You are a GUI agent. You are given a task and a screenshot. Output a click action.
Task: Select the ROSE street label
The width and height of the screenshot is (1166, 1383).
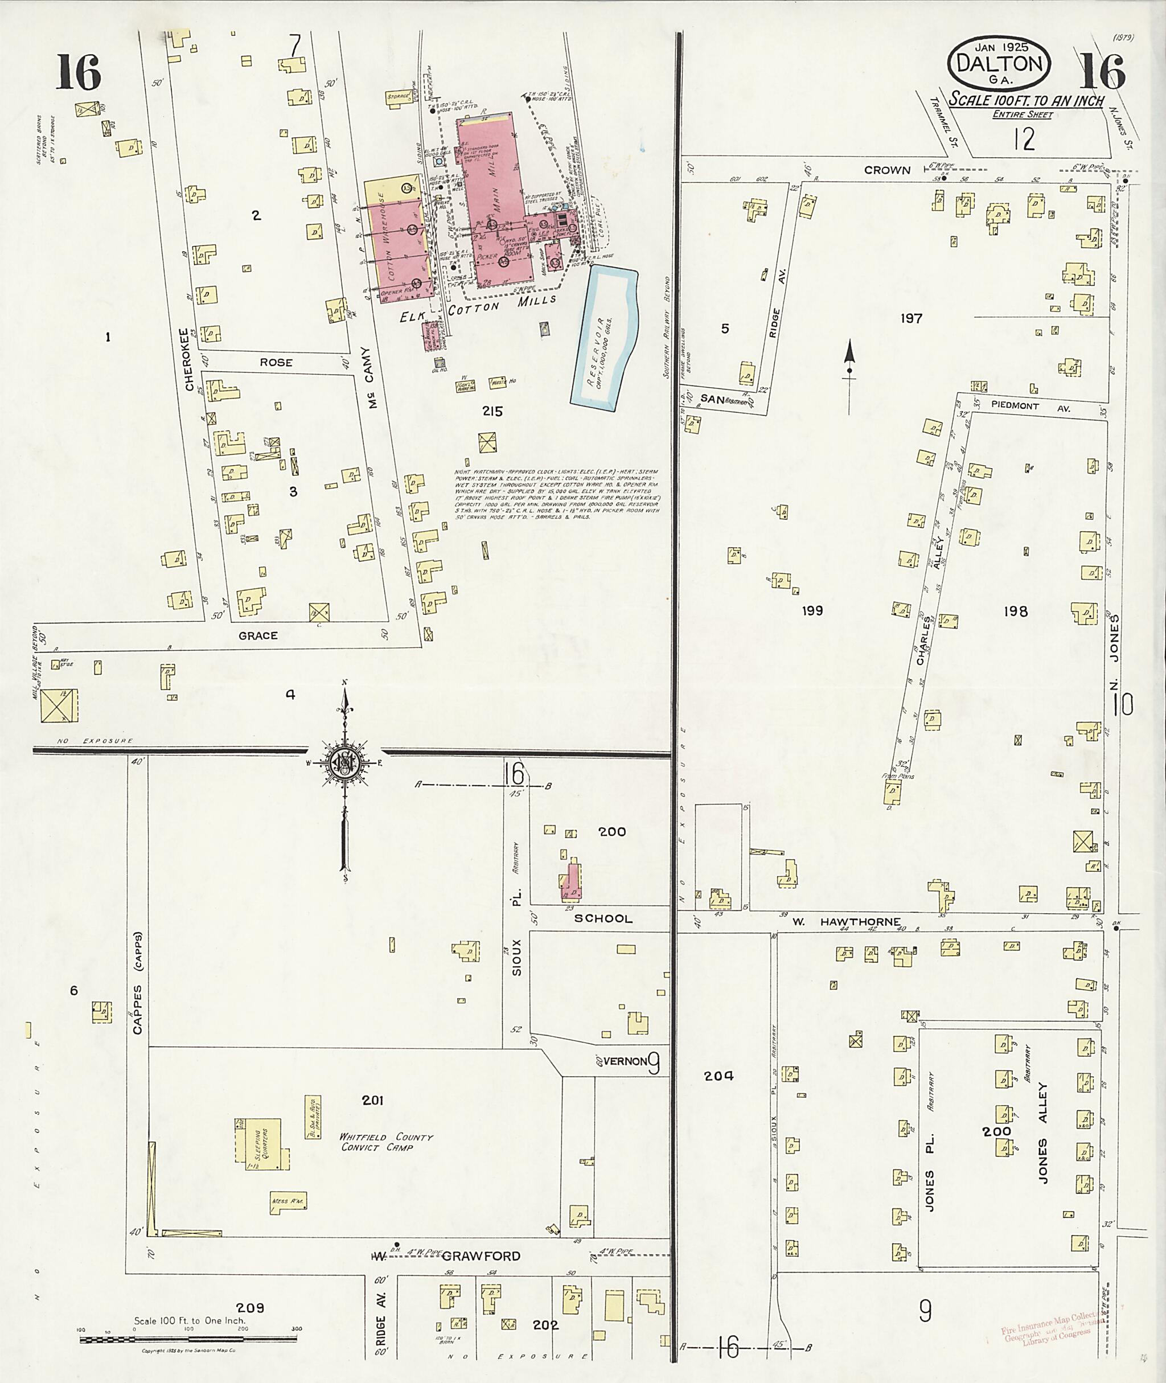pos(276,362)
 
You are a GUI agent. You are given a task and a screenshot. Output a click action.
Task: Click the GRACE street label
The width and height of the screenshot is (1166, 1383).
pos(257,635)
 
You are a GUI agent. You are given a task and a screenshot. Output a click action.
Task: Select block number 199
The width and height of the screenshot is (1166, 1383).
pos(812,611)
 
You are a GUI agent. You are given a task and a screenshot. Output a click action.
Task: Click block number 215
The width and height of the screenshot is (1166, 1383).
pos(492,411)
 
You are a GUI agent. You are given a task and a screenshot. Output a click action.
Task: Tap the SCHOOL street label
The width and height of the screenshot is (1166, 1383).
pos(602,918)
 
